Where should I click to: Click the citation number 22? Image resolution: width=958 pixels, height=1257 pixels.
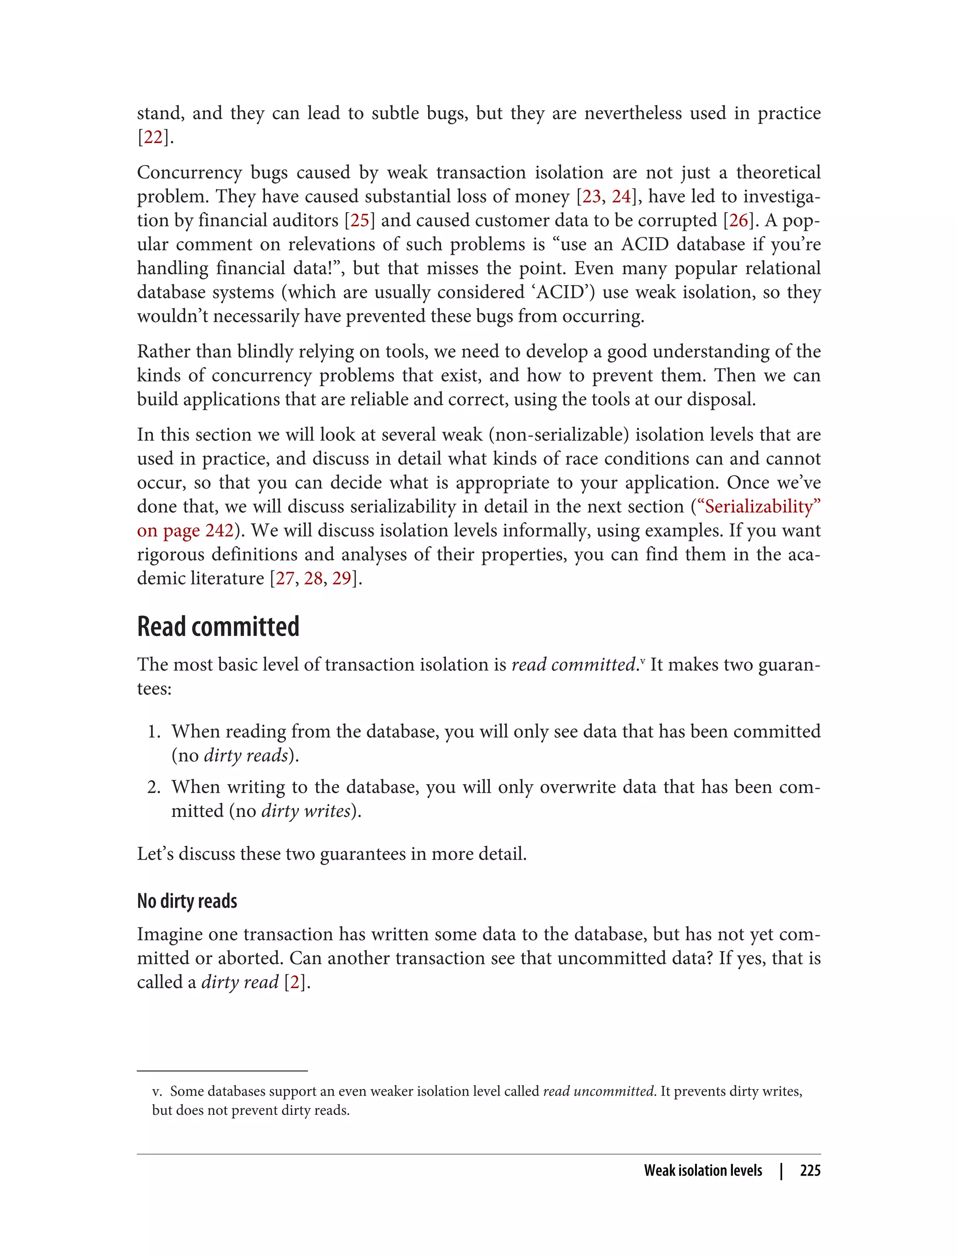(153, 137)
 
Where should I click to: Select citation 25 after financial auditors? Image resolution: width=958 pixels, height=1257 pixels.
(359, 221)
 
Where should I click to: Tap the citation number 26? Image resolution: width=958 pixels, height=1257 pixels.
(739, 221)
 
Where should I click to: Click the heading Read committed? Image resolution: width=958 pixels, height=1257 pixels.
(218, 627)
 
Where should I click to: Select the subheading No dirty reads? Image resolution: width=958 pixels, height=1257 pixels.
(187, 901)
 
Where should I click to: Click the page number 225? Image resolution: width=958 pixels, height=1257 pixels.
(810, 1170)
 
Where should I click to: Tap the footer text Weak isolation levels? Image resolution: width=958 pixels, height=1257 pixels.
(703, 1170)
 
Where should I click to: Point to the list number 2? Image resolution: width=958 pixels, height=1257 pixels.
(153, 787)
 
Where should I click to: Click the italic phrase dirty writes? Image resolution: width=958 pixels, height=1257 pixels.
(305, 811)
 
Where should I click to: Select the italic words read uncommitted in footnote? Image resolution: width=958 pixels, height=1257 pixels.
(598, 1091)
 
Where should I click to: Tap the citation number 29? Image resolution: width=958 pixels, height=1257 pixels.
(341, 578)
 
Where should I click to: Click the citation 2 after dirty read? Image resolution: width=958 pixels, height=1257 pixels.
(295, 982)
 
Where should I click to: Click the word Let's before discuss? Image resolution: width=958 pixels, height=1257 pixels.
(155, 854)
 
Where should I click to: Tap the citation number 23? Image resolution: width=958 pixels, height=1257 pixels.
(591, 197)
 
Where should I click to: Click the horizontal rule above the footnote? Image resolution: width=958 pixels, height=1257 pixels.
(222, 1071)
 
